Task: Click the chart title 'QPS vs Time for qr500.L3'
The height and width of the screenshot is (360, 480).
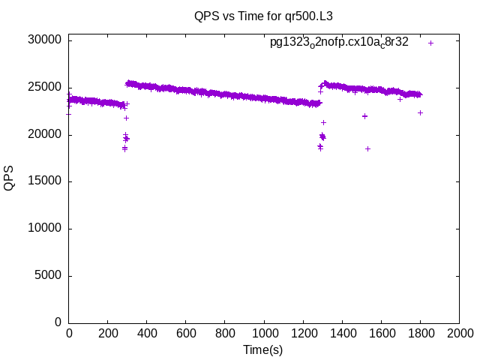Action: (258, 15)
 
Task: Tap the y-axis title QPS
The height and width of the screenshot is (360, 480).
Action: (9, 178)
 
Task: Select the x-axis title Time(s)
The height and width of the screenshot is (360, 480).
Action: (263, 349)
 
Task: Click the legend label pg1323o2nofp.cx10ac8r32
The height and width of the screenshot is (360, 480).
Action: (339, 43)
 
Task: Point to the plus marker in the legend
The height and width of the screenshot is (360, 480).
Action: (430, 43)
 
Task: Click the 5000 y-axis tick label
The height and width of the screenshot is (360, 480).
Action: (49, 275)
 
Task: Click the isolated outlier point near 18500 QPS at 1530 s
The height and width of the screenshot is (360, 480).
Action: (367, 148)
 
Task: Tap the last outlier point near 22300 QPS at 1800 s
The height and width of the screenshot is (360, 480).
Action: (420, 112)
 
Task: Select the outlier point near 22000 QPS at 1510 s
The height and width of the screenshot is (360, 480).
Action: (364, 116)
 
